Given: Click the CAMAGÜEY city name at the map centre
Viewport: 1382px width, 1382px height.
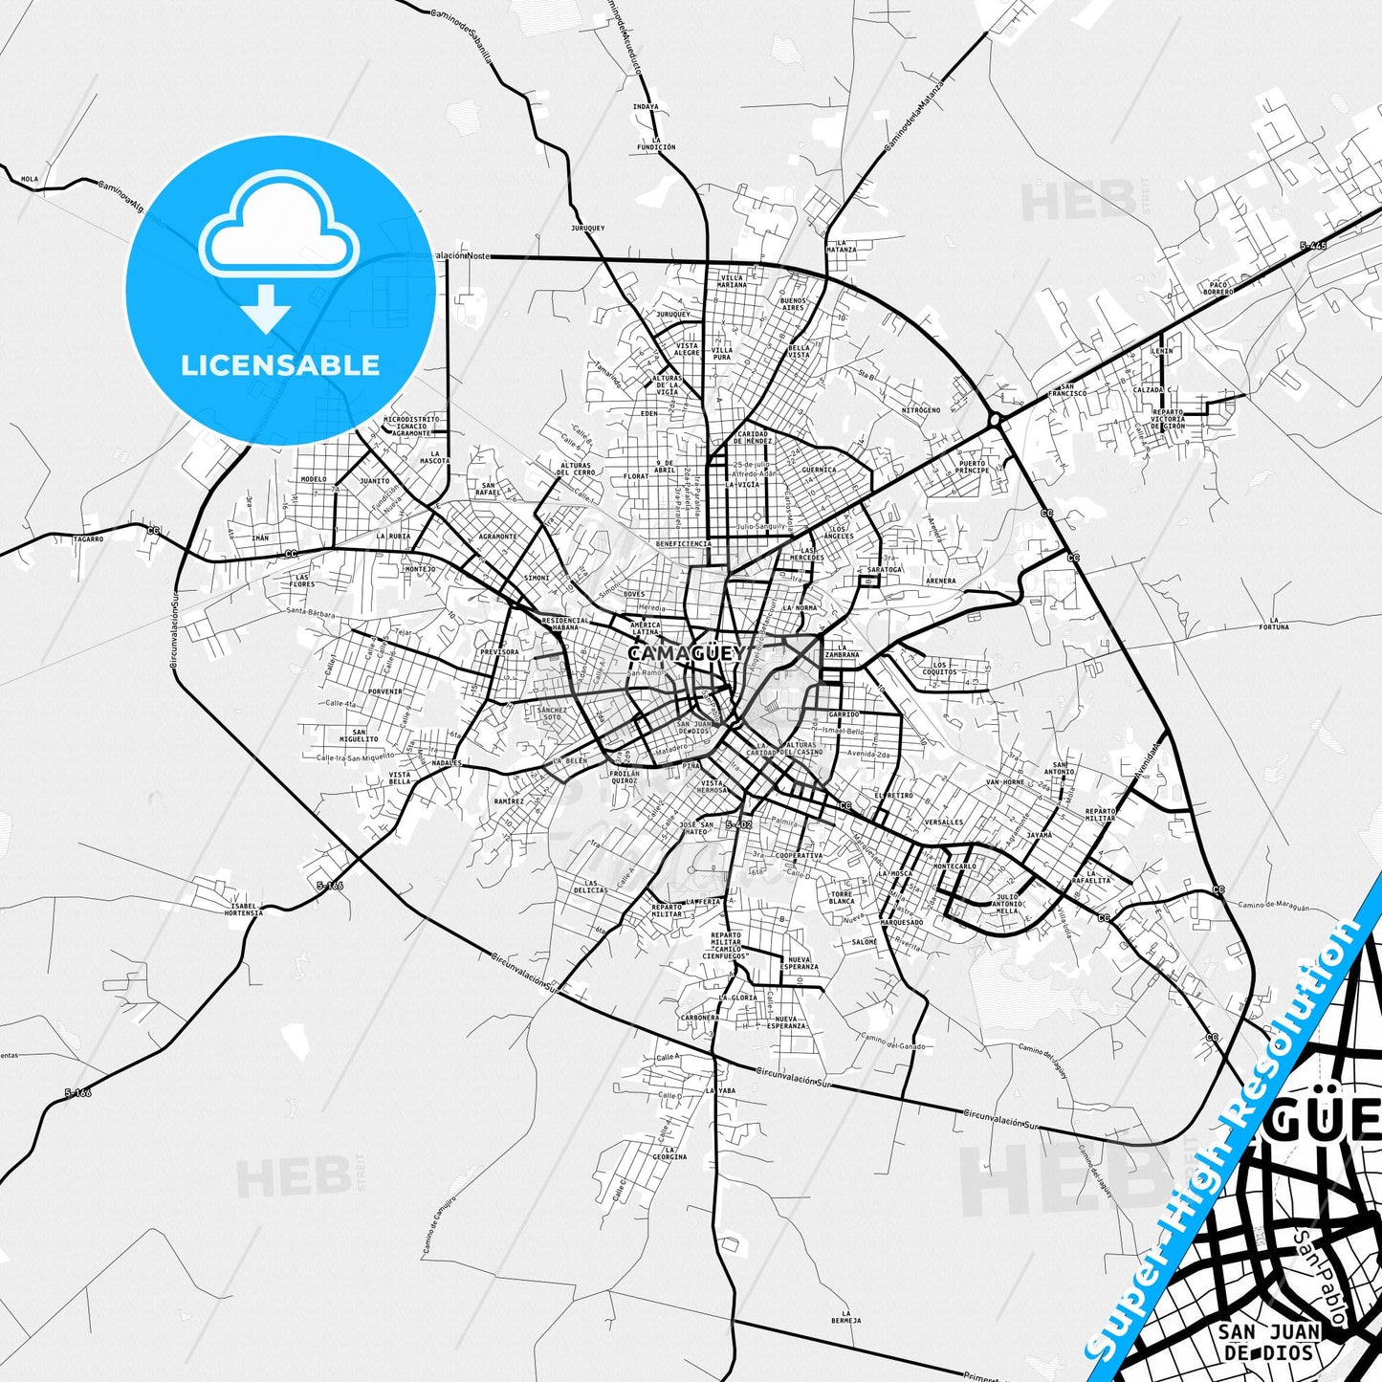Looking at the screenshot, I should [686, 653].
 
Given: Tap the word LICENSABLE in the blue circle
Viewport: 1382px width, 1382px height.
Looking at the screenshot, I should [280, 364].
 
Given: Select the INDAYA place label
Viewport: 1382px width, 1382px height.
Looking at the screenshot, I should [646, 107].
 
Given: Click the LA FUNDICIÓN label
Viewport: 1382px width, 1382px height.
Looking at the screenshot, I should [656, 143].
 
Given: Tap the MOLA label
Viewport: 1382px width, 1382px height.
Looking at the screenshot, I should [30, 179].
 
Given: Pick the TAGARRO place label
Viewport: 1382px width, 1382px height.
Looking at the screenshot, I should [88, 539].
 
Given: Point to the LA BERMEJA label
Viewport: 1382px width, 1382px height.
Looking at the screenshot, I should [845, 1317].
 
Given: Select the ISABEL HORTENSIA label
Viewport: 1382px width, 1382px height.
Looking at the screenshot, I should [245, 909].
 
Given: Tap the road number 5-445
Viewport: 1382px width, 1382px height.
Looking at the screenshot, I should [1313, 246].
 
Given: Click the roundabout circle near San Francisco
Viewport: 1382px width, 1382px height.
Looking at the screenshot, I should [995, 419].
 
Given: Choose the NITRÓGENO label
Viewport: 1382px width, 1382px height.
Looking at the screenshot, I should [921, 409].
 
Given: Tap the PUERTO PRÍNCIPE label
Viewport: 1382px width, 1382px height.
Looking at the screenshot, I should [973, 467].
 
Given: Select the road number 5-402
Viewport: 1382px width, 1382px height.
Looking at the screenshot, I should [738, 824].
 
